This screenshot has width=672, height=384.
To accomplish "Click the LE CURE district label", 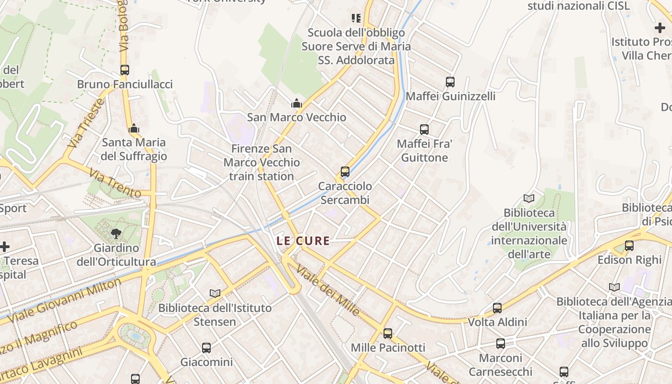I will pos(303,241).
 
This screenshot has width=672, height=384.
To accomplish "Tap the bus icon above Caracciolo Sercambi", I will pos(345,171).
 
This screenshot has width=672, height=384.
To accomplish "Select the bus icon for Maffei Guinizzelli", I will pos(450,82).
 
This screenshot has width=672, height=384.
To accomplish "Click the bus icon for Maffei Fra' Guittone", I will pos(424,129).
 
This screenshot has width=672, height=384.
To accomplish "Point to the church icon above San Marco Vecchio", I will pos(297,103).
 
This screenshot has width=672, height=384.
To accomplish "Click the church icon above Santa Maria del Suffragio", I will pos(134,128).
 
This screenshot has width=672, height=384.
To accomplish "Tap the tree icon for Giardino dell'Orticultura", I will pos(116,234).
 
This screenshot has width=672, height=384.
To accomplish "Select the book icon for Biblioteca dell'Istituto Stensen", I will pos(215,293).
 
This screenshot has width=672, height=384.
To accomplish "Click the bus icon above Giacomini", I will pos(206,348).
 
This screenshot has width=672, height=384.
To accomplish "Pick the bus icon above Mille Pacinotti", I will pos(388,333).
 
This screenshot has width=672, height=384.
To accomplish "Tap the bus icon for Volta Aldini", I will pos(497,308).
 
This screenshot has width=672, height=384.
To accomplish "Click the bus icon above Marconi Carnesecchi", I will pos(501,344).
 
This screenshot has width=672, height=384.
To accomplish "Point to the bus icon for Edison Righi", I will pos(629,246).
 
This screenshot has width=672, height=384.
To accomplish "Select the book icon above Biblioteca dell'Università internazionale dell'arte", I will pos(529,198).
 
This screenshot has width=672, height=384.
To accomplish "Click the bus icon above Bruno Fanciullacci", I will pos(125,70).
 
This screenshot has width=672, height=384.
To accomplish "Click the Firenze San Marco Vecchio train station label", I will pos(262,163).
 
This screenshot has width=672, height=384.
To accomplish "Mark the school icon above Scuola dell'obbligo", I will pos(356,18).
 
